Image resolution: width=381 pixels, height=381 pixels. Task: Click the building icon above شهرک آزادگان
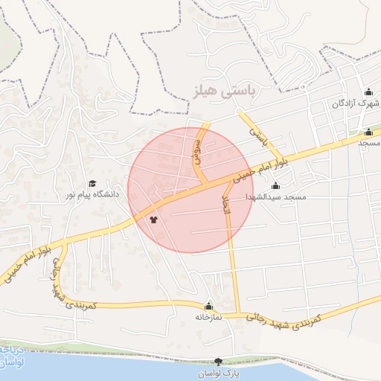tap(368, 92)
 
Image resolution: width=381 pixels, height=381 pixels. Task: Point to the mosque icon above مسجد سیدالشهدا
tap(276, 185)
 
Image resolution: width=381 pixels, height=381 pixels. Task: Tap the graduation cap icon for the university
tap(92, 183)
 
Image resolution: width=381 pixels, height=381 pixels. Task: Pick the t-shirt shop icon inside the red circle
tap(153, 220)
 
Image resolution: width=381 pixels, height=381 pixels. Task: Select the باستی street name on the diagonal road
tap(257, 135)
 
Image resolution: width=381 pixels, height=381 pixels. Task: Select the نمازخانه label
tap(209, 316)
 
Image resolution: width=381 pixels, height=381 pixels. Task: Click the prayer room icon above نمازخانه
tap(209, 305)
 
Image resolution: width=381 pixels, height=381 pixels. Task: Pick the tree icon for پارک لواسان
tap(218, 361)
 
